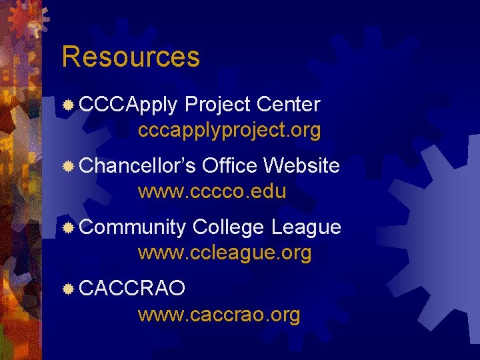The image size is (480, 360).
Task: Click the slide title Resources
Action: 131,57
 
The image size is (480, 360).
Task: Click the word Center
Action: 288,105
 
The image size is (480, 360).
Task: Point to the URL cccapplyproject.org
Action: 229,130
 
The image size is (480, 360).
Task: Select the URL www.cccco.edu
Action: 212,192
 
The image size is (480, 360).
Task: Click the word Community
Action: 133,228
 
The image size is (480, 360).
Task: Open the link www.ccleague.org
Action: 225,253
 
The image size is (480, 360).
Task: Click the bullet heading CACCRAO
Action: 132,289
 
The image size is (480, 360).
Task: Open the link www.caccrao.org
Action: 219,315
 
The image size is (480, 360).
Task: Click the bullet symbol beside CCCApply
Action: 68,105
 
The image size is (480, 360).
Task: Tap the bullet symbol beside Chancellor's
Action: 68,167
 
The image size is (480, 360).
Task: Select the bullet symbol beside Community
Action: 68,228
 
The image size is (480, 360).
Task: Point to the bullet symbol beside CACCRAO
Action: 68,289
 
